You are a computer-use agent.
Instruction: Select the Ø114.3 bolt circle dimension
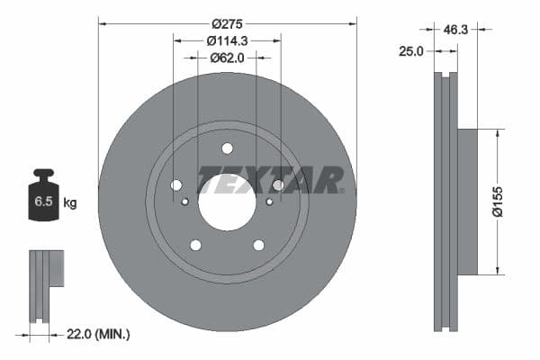(x=227, y=40)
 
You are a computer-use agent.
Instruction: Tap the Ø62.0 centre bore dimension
(x=227, y=58)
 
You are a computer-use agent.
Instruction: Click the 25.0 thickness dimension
(x=410, y=52)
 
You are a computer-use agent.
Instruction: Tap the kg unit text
(x=69, y=203)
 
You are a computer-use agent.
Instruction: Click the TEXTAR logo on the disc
(x=270, y=180)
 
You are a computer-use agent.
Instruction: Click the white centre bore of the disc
(x=227, y=201)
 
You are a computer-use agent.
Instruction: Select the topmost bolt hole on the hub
(x=227, y=148)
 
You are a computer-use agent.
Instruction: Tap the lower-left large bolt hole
(x=195, y=245)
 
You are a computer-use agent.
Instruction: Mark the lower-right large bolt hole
(x=259, y=245)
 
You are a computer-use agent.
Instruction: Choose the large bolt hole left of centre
(x=176, y=185)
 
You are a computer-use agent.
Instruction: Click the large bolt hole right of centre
(x=278, y=185)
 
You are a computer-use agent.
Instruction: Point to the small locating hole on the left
(x=185, y=202)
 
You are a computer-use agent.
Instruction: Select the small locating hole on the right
(x=269, y=202)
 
